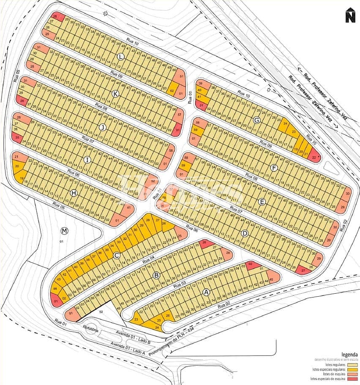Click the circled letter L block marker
(121, 57)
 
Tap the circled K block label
(115, 93)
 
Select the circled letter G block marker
(256, 120)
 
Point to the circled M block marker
(64, 231)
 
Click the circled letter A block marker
(206, 292)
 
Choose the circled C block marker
(117, 255)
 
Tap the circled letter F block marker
(274, 168)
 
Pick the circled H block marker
(74, 193)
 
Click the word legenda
(349, 354)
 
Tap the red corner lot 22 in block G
(314, 158)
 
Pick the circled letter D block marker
(245, 233)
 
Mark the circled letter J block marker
(102, 127)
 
